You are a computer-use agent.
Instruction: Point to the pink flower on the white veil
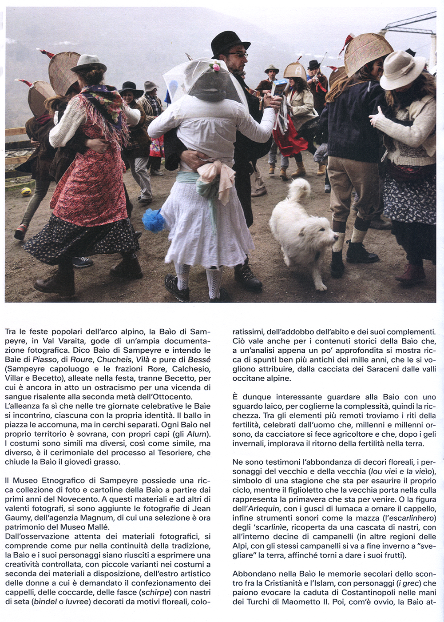pos(216,67)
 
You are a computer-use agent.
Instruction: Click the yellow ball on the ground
pos(27,191)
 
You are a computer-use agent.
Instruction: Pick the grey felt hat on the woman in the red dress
pos(88,64)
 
